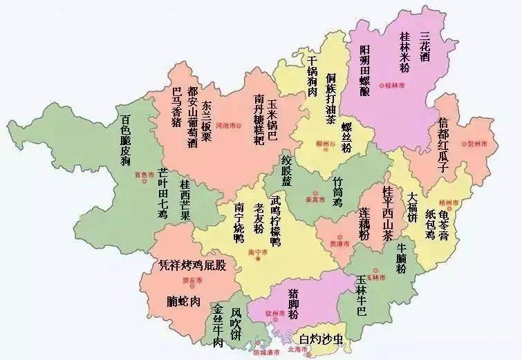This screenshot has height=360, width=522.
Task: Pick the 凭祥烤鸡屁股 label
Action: (x=192, y=265)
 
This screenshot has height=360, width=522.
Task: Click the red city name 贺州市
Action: (x=488, y=145)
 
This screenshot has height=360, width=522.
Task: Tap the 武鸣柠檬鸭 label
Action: (x=275, y=221)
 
